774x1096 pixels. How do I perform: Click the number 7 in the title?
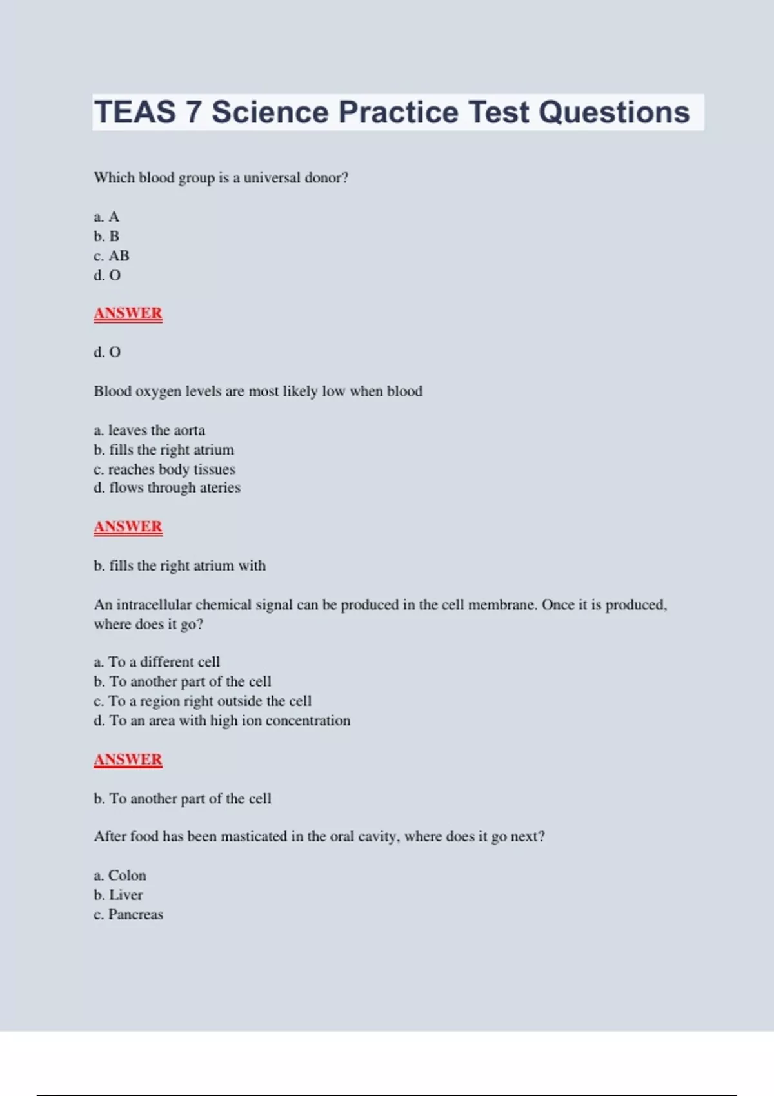pos(193,112)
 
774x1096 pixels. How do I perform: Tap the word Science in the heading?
pos(270,112)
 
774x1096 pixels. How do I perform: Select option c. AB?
pos(112,256)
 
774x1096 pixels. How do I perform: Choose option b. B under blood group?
pos(106,237)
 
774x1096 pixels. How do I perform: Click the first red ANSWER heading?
pos(128,313)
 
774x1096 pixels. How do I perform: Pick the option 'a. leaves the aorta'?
pos(149,430)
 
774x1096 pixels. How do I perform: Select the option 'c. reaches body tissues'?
pos(164,469)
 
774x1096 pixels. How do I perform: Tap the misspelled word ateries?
pos(220,488)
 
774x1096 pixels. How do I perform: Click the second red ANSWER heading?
pos(128,527)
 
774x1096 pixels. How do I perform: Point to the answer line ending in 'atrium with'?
pos(179,565)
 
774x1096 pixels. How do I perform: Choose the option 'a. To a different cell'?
pos(157,662)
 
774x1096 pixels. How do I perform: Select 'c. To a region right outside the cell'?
pos(203,701)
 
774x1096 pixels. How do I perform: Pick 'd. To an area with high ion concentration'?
pos(222,721)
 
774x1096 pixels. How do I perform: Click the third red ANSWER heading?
pos(128,759)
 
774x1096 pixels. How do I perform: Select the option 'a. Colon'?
pos(120,876)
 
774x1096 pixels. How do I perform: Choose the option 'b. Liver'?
pos(118,895)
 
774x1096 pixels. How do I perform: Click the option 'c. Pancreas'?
pos(128,915)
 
